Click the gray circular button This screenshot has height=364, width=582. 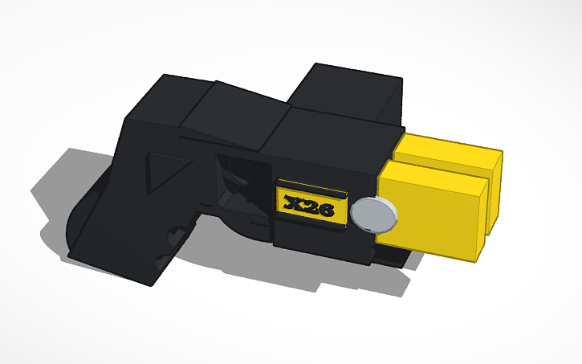(x=373, y=215)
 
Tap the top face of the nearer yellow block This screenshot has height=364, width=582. (x=433, y=170)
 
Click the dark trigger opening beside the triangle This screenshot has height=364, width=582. (x=237, y=173)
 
